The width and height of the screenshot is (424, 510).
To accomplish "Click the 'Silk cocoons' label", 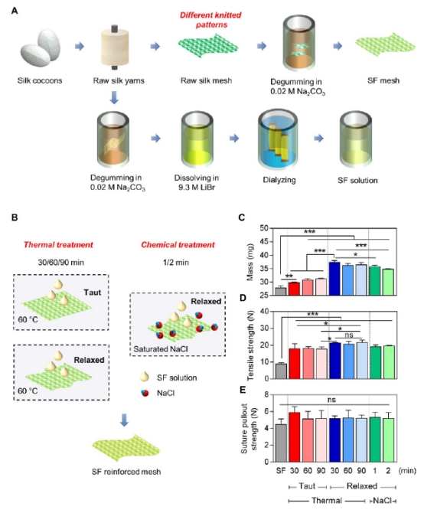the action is [x=40, y=80].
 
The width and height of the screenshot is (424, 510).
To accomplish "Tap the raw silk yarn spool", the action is [x=115, y=47].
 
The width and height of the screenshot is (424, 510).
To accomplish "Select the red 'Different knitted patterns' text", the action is [x=210, y=20].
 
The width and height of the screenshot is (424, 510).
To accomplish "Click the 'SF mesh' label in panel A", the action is [x=383, y=80].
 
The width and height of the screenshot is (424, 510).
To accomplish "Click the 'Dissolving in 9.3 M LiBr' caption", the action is [x=197, y=182].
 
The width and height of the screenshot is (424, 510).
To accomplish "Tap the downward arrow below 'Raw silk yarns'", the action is [x=114, y=97].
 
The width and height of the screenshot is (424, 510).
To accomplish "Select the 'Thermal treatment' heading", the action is [x=58, y=244].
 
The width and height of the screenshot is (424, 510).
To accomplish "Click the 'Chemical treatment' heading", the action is [x=178, y=244].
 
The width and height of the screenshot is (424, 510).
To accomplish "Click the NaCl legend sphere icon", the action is [x=145, y=393].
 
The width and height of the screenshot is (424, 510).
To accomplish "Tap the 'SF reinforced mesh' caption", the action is [x=126, y=472].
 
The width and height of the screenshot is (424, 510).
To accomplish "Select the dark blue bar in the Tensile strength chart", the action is [x=334, y=361].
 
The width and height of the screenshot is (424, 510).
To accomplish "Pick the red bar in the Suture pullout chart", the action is [x=294, y=437].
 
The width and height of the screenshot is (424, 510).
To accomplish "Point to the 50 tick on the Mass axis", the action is [x=264, y=228].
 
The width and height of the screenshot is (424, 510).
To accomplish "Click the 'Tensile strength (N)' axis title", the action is [x=250, y=345].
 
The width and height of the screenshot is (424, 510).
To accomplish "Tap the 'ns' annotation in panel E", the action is [x=331, y=400].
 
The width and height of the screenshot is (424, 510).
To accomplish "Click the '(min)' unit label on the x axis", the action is [x=407, y=470].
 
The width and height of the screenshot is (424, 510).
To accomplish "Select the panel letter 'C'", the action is [x=241, y=217].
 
